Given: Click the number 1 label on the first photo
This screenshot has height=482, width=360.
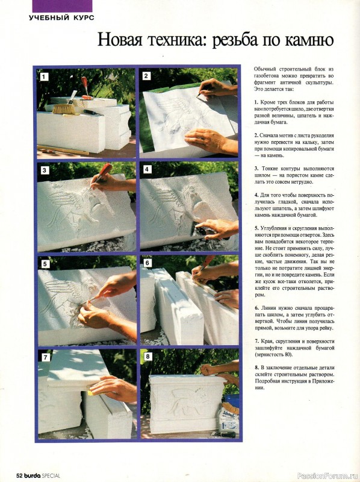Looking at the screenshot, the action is click(45, 77).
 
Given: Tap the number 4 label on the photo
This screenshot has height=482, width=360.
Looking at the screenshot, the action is click(147, 169).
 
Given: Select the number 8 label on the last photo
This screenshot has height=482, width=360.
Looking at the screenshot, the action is click(148, 357).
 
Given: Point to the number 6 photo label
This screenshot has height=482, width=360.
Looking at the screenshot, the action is click(147, 263).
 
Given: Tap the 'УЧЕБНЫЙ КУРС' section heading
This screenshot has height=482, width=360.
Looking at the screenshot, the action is click(61, 18).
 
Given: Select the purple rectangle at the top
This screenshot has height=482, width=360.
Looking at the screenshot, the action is click(62, 6).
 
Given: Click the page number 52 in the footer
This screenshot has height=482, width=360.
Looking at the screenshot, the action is click(19, 475).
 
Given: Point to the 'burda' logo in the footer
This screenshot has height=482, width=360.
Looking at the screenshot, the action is click(33, 475).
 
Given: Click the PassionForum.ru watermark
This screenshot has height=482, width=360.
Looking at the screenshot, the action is click(324, 476).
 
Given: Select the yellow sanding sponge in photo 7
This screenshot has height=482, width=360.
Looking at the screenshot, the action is click(92, 391).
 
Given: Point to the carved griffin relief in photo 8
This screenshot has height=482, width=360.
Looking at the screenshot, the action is click(184, 401).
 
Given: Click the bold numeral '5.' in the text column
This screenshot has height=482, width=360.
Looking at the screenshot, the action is click(256, 228).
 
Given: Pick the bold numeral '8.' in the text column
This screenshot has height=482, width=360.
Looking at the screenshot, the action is click(256, 368).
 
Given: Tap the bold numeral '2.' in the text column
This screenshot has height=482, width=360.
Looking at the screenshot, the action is click(256, 136).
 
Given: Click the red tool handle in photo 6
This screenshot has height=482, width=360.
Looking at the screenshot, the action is click(208, 261).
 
